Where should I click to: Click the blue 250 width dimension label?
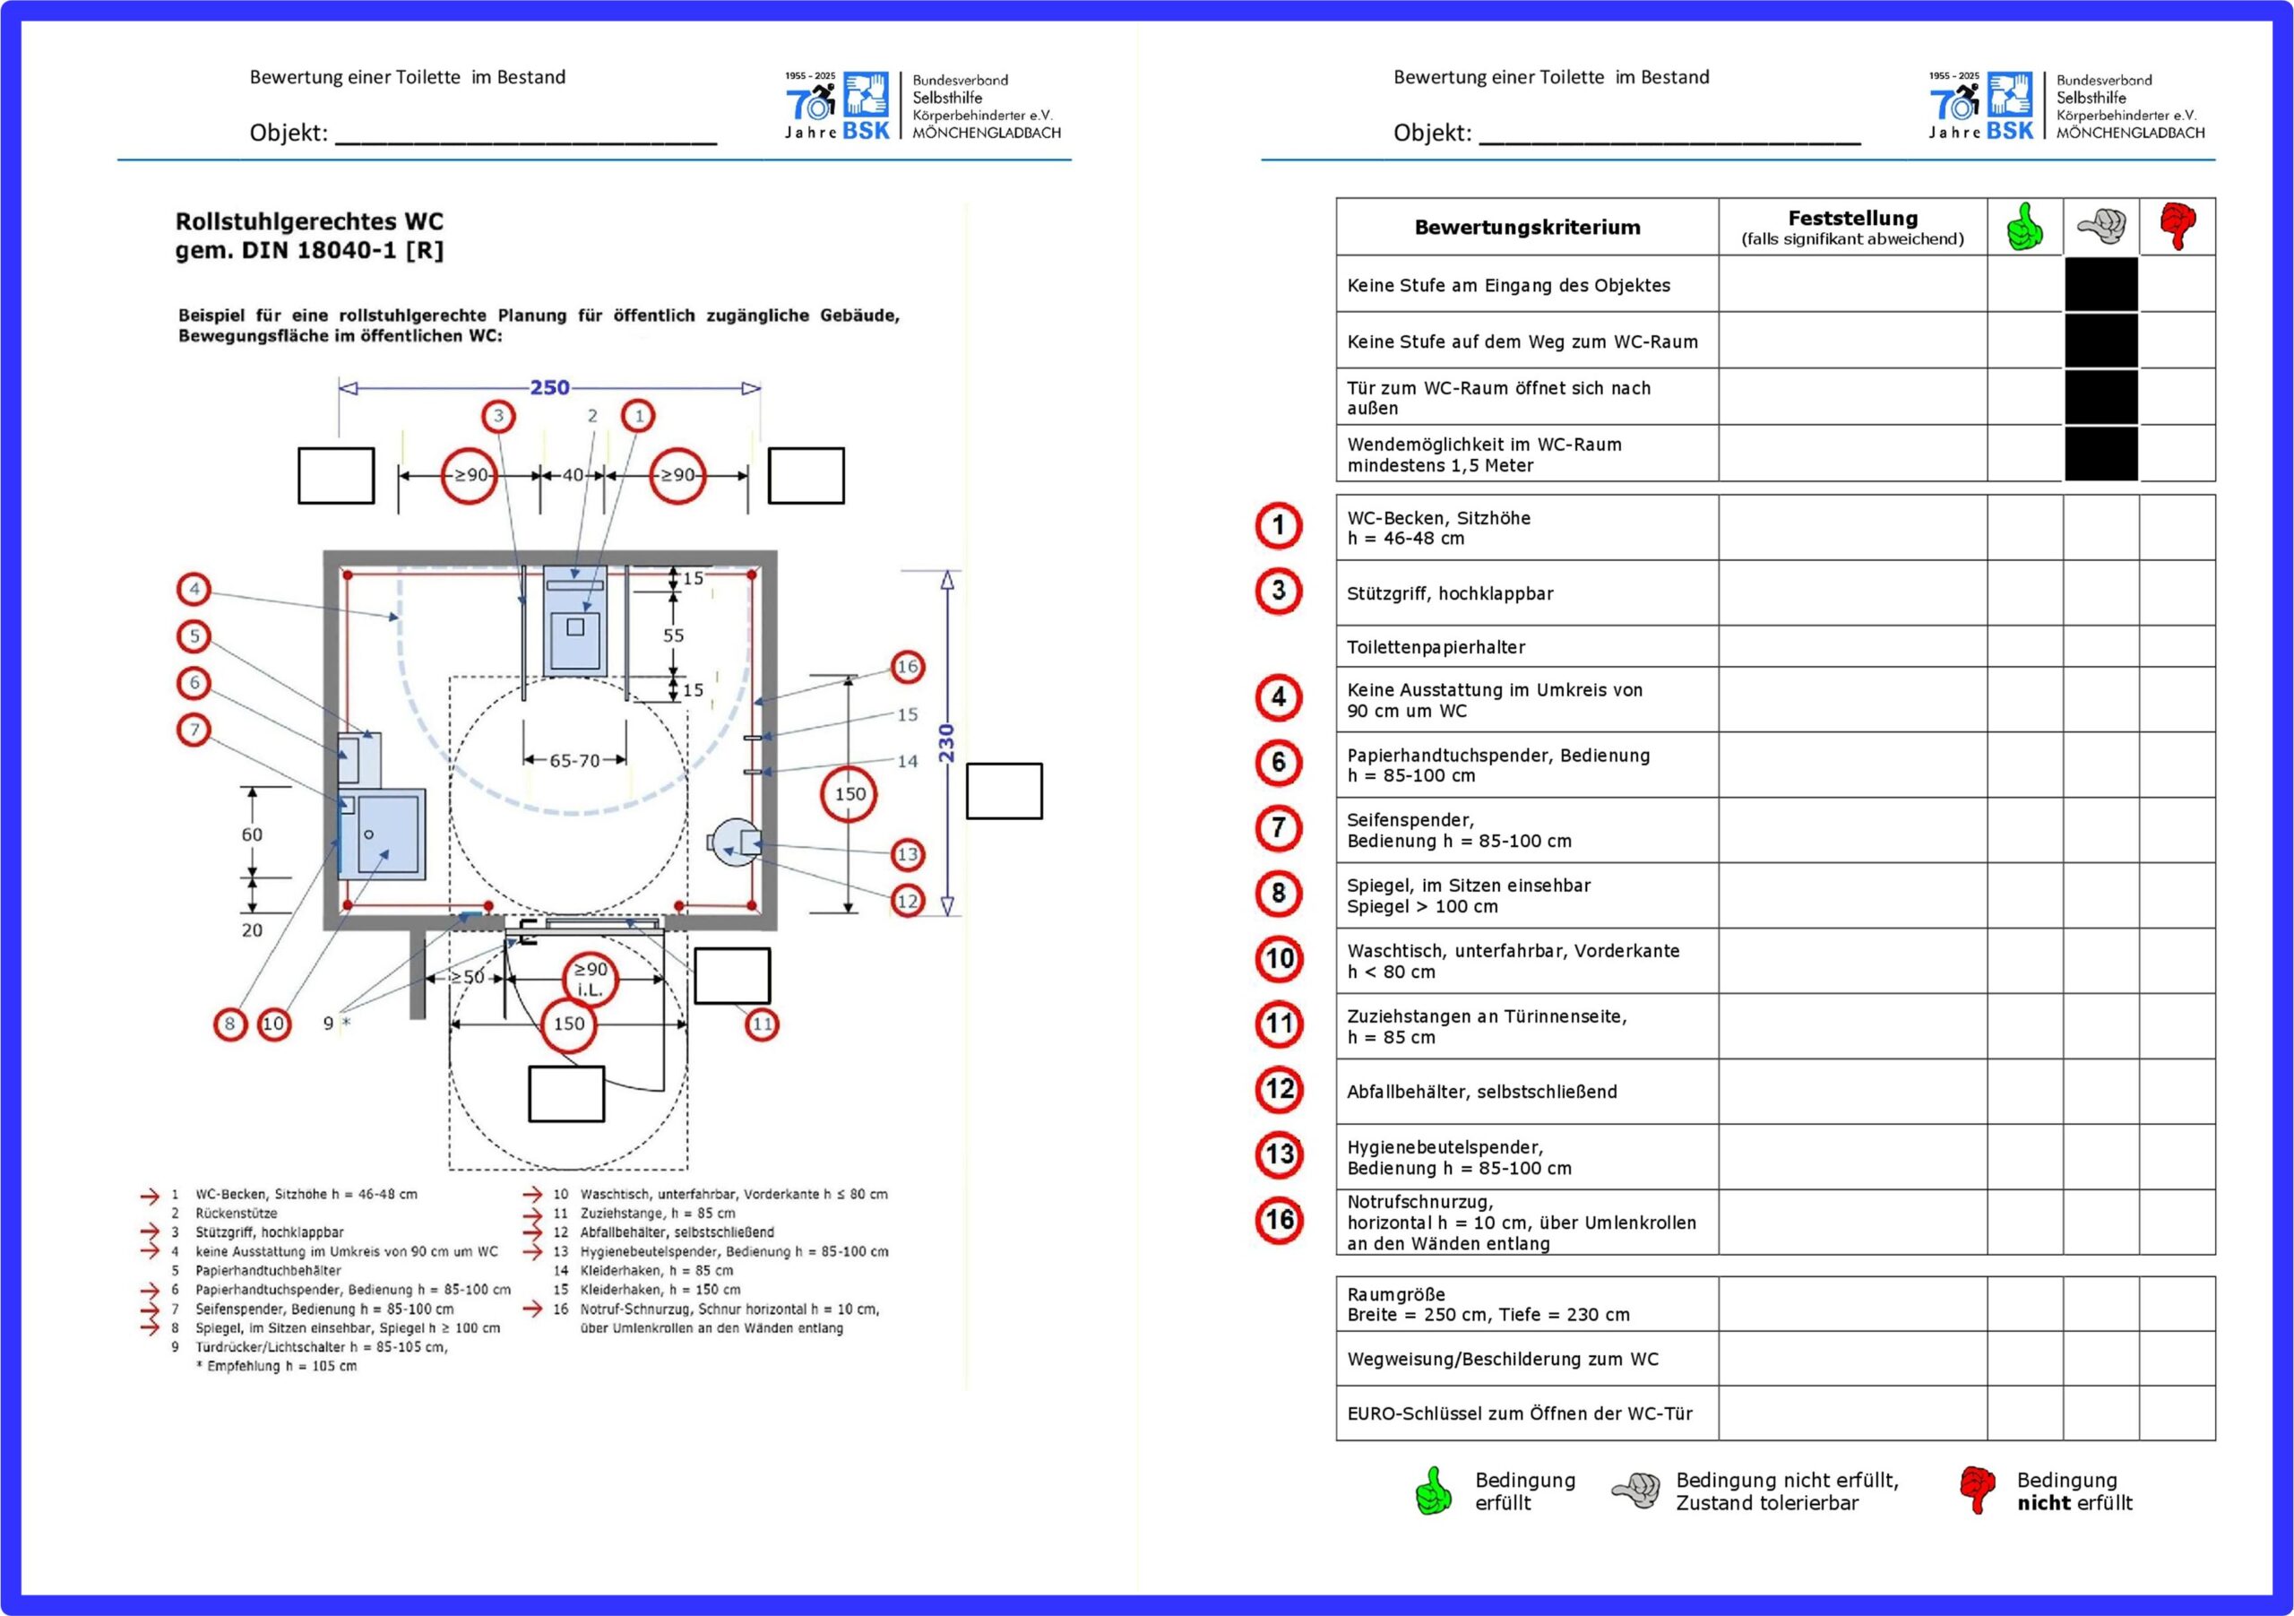549,387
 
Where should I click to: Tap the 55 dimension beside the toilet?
673,635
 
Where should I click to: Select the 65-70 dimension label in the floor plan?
574,761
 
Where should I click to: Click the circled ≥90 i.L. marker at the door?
591,980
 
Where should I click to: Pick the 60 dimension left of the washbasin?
252,834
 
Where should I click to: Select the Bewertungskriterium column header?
1527,227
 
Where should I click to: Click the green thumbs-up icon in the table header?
2024,227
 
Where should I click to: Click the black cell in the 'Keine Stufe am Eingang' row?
2100,285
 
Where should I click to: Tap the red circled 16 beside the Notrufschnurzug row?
1279,1220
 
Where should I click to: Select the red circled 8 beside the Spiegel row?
1279,894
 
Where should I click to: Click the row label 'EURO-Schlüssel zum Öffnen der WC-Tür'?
1519,1413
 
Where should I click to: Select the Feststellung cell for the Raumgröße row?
1851,1304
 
